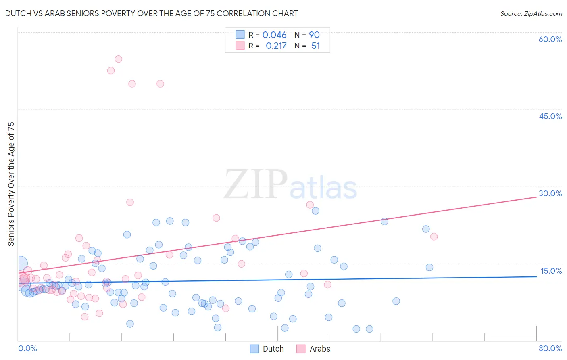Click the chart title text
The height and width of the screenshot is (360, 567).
click(x=152, y=13)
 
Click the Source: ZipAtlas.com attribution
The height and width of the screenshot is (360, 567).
click(x=531, y=13)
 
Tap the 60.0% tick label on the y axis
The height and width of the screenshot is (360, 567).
click(x=550, y=39)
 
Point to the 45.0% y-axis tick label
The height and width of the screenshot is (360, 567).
click(x=550, y=116)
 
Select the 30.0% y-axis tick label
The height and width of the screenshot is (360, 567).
click(x=550, y=193)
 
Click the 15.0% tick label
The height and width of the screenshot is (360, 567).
click(x=551, y=271)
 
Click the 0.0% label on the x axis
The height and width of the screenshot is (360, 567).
click(x=27, y=348)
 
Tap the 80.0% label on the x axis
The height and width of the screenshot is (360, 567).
click(x=550, y=348)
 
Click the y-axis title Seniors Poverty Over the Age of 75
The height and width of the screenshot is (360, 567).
click(x=11, y=184)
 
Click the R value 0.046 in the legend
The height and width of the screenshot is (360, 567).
click(x=274, y=35)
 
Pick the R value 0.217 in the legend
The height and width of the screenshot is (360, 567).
click(x=276, y=46)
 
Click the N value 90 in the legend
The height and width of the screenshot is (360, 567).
click(x=314, y=35)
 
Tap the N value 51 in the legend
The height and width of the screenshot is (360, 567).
click(x=315, y=46)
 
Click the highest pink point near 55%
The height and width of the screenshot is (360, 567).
click(x=118, y=59)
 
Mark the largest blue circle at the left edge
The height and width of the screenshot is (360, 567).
click(x=21, y=264)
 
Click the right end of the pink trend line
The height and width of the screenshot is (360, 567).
click(x=536, y=197)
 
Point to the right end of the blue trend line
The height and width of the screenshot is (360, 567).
click(x=536, y=276)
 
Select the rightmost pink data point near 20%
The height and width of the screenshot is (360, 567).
click(x=434, y=237)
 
